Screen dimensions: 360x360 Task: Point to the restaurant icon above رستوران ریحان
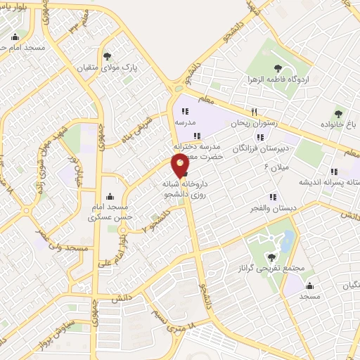coord(255,111)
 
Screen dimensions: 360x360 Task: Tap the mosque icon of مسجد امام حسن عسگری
coord(108,198)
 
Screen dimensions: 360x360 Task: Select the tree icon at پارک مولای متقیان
coord(107,56)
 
